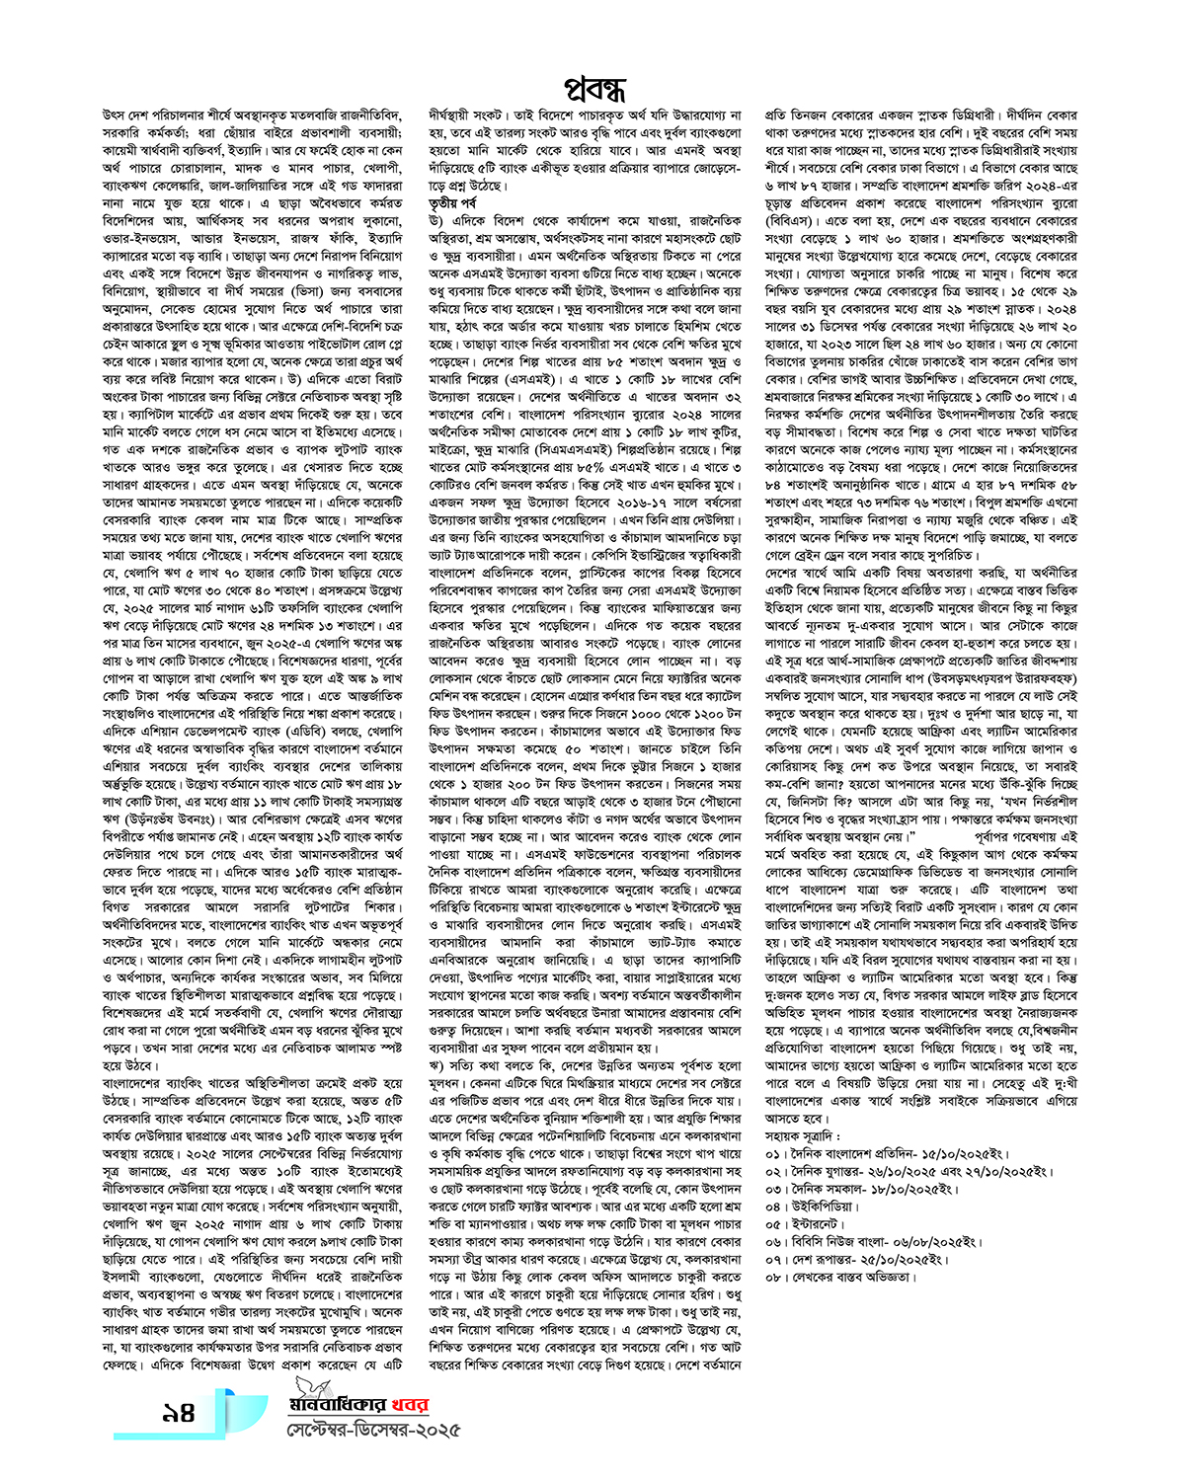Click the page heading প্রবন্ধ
pos(594,88)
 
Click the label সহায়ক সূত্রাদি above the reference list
pos(803,1135)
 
